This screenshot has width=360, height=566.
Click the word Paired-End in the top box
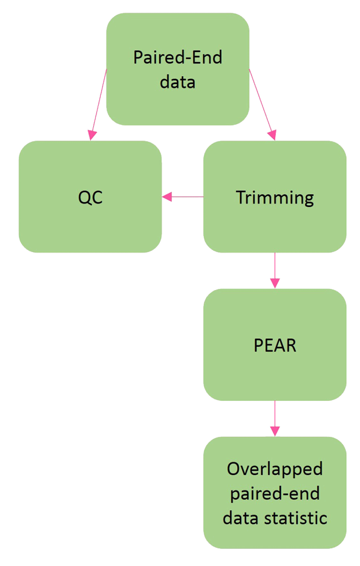(177, 57)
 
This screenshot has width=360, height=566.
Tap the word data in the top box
(177, 82)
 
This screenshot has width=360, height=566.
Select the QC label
(90, 197)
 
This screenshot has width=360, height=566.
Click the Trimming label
(275, 197)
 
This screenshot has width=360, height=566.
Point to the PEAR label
(275, 346)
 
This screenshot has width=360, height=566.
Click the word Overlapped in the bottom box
(275, 469)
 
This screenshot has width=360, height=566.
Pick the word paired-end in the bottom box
(275, 494)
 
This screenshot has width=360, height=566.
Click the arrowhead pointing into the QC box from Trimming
(167, 197)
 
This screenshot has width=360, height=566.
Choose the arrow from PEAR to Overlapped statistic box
(275, 414)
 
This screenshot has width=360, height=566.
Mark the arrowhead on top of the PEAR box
(275, 283)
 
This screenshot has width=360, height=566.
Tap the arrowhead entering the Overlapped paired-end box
(275, 431)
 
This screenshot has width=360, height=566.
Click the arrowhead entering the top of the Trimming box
(272, 135)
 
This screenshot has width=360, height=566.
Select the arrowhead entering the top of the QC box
(92, 135)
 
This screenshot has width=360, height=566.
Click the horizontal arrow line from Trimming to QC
(187, 197)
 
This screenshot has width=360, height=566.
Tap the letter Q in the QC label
(85, 197)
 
